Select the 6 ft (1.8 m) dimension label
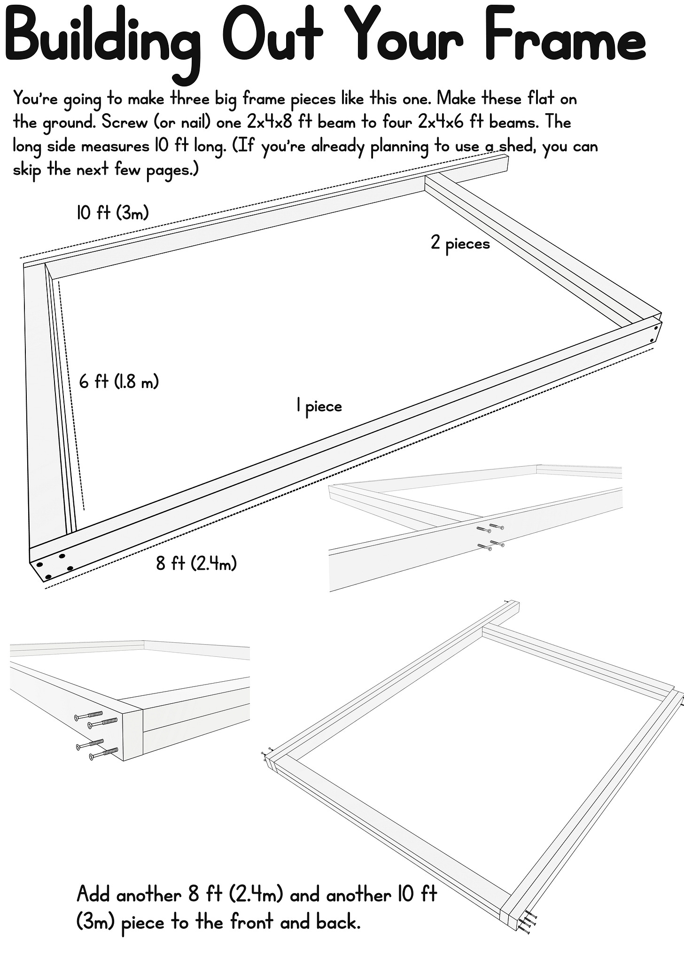119,381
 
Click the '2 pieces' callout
460,243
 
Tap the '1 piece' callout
319,405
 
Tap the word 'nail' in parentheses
196,123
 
